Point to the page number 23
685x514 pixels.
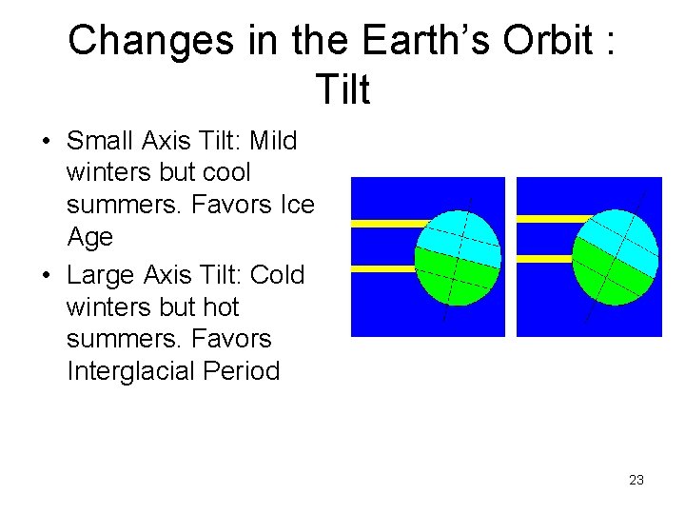coord(636,480)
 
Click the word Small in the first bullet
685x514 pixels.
coord(100,142)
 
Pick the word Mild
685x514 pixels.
coord(273,142)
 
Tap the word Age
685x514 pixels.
coord(89,237)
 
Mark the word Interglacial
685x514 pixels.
coord(131,371)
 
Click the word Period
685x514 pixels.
coord(242,371)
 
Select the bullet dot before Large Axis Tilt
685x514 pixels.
coord(46,276)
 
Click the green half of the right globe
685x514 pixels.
coord(609,276)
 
